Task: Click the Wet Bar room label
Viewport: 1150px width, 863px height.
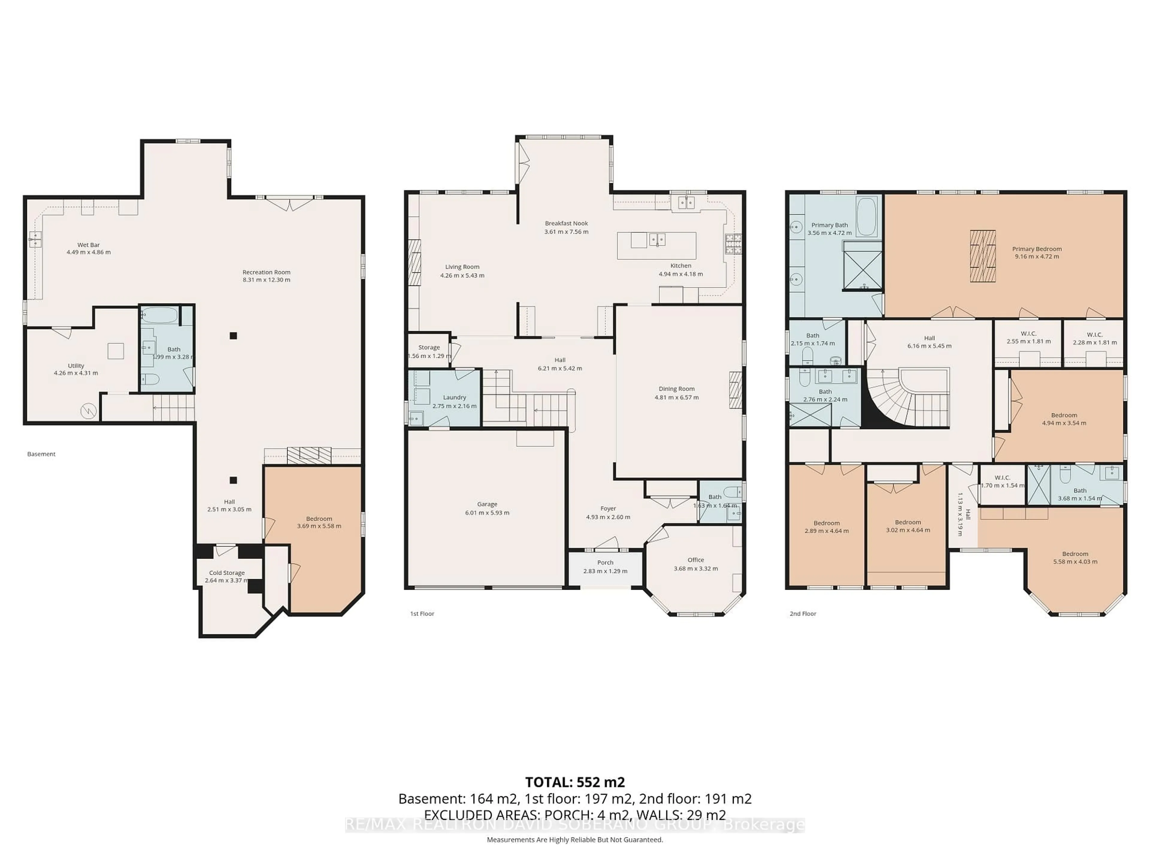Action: coord(88,245)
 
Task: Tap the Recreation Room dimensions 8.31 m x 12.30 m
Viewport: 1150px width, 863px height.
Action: coord(266,280)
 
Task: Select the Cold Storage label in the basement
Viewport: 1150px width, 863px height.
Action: coord(227,573)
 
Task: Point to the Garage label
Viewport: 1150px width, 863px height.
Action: coord(487,504)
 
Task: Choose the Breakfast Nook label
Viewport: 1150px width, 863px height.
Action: coord(566,223)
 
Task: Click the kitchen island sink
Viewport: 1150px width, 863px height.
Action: coord(657,240)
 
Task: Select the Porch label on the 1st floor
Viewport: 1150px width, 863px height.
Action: coord(605,562)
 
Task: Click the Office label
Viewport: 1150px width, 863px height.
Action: coord(696,560)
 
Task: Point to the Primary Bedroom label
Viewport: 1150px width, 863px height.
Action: coord(1037,249)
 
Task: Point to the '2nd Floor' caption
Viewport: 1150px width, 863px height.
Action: coord(803,614)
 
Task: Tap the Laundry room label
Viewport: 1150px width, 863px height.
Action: coord(454,397)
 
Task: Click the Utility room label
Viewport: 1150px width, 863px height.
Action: coord(76,366)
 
